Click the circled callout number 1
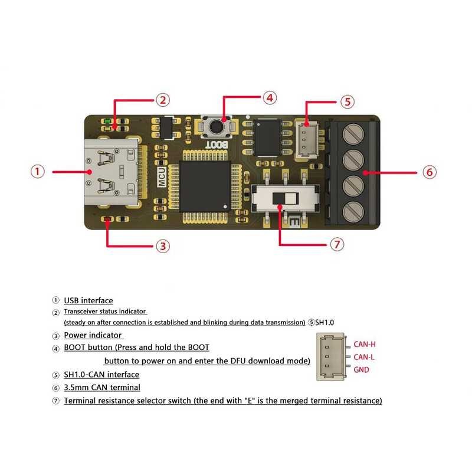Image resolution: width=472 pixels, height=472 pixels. [x=38, y=172]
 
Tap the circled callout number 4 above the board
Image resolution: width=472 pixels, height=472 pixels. [x=270, y=97]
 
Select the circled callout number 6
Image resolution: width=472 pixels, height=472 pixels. [x=430, y=172]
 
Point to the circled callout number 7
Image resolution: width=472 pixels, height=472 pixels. [x=337, y=244]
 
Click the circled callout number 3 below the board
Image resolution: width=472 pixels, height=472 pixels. [x=163, y=246]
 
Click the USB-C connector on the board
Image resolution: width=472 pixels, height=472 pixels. [x=112, y=172]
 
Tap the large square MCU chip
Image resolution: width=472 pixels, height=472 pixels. [x=205, y=186]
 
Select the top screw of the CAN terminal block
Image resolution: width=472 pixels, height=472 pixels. [x=353, y=133]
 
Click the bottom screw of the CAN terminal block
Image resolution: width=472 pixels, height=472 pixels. [x=353, y=211]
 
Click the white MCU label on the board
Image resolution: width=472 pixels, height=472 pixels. [x=162, y=178]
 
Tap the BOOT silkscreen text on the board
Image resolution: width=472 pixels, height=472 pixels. [x=217, y=145]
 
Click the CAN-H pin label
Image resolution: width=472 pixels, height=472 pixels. [x=365, y=344]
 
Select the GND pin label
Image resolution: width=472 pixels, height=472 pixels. [x=361, y=370]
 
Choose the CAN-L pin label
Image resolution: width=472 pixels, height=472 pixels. [x=364, y=357]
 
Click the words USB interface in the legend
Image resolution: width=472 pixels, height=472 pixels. [x=88, y=300]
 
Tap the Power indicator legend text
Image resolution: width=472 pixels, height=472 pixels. [x=93, y=335]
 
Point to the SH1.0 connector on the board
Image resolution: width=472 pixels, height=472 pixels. [x=307, y=139]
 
